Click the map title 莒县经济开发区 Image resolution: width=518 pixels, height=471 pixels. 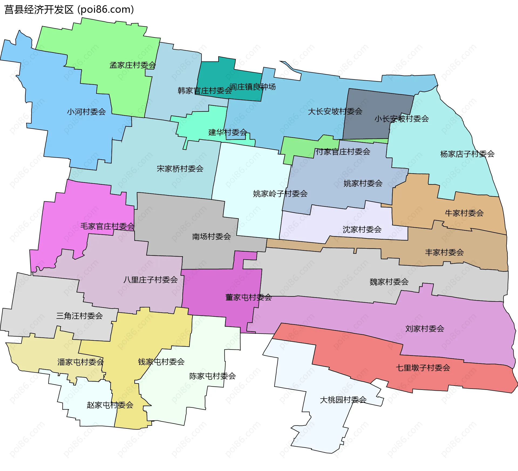pyautogui.click(x=39, y=10)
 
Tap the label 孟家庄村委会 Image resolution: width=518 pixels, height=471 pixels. pyautogui.click(x=132, y=65)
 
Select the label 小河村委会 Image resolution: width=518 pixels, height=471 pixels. pyautogui.click(x=86, y=112)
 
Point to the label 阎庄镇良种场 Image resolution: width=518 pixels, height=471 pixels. pyautogui.click(x=253, y=87)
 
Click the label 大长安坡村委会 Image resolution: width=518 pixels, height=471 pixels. pyautogui.click(x=335, y=111)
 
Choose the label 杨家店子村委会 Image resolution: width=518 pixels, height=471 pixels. pyautogui.click(x=467, y=154)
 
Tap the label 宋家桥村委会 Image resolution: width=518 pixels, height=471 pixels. pyautogui.click(x=180, y=169)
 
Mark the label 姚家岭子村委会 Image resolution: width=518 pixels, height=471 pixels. pyautogui.click(x=280, y=193)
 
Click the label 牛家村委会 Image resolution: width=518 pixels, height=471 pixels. pyautogui.click(x=464, y=213)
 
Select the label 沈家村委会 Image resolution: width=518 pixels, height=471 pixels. pyautogui.click(x=362, y=229)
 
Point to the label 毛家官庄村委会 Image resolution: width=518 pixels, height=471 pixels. pyautogui.click(x=107, y=226)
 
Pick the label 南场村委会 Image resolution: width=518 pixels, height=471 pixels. pyautogui.click(x=211, y=236)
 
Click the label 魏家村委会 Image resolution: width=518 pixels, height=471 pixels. pyautogui.click(x=389, y=282)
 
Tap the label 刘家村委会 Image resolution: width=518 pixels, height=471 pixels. pyautogui.click(x=425, y=328)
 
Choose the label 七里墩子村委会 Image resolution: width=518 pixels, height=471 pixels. pyautogui.click(x=423, y=368)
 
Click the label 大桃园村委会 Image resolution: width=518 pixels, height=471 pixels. pyautogui.click(x=343, y=400)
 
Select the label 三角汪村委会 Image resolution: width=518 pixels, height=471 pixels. pyautogui.click(x=79, y=316)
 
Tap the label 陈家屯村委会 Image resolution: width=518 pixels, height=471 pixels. pyautogui.click(x=212, y=376)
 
